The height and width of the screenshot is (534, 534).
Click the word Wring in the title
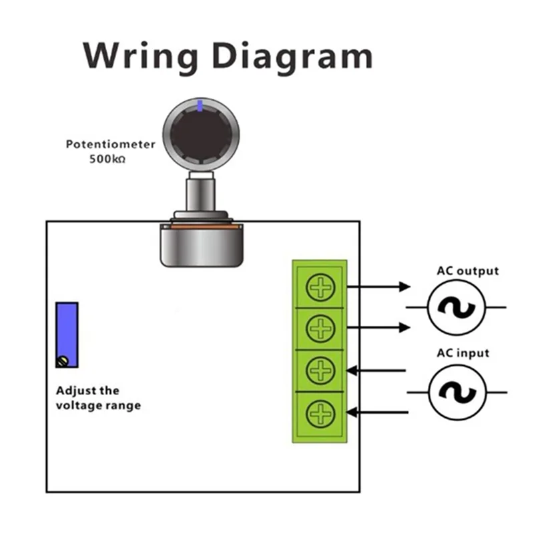[140, 57]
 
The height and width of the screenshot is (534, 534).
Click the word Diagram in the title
[292, 57]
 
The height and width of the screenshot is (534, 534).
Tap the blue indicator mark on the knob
[200, 105]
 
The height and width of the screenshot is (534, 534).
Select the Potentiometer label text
[110, 144]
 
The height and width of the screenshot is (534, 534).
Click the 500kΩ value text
[107, 159]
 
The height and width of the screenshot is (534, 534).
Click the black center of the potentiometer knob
[201, 136]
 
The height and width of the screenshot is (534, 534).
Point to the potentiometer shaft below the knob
[201, 194]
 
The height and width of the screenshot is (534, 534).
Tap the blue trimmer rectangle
[67, 335]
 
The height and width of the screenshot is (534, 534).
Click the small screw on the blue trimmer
[63, 361]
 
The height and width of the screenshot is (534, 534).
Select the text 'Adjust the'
[87, 390]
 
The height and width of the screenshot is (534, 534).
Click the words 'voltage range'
[98, 406]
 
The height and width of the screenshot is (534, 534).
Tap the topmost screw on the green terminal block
[320, 287]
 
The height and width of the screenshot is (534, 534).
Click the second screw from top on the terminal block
[320, 328]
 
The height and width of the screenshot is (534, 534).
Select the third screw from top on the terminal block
[320, 370]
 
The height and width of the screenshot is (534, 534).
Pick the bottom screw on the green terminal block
[320, 413]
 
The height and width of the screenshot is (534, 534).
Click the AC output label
[468, 271]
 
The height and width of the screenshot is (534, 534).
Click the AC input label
[463, 353]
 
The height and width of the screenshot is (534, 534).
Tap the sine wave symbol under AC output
[457, 308]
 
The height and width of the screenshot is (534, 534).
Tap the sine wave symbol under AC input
[457, 392]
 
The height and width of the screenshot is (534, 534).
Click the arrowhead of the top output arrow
[405, 287]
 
